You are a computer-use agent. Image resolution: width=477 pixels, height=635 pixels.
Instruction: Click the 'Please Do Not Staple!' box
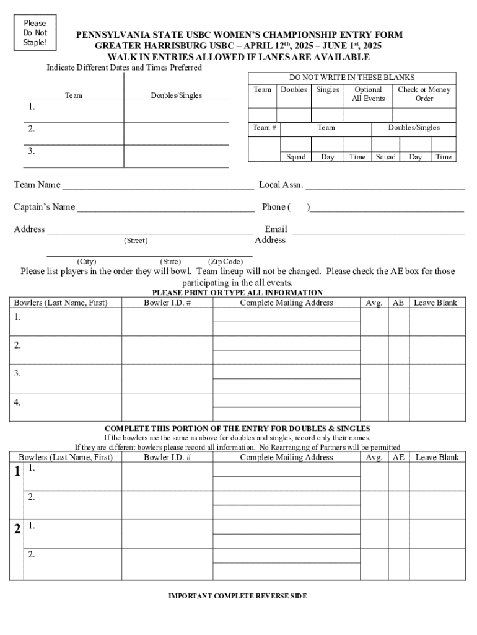point(35,33)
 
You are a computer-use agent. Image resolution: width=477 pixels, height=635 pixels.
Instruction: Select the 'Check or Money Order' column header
point(424,94)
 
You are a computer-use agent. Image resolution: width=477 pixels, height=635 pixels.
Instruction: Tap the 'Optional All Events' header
point(368,94)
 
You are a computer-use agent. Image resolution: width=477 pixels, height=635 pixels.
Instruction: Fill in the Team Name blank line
point(158,187)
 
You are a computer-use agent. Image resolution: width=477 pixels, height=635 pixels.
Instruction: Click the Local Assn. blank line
point(385,187)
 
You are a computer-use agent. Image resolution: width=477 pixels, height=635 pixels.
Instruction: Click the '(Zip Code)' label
point(225,262)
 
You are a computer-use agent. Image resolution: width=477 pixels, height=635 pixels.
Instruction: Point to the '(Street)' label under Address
point(136,241)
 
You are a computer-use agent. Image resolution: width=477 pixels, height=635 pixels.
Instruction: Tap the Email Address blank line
point(378,233)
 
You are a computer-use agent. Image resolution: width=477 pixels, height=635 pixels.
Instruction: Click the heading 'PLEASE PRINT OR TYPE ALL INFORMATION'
point(237,293)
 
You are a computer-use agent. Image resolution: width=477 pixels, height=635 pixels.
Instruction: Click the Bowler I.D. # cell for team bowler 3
point(167,378)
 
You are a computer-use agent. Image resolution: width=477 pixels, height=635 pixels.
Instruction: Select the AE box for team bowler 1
point(399,322)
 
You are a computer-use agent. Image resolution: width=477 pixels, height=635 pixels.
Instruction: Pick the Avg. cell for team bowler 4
point(374,407)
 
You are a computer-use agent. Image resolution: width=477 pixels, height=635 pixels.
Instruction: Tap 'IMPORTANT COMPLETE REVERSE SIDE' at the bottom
point(237,596)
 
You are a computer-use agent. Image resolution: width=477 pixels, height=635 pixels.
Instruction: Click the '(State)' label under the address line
point(170,262)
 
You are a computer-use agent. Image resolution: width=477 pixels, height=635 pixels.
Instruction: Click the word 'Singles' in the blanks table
point(328,90)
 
